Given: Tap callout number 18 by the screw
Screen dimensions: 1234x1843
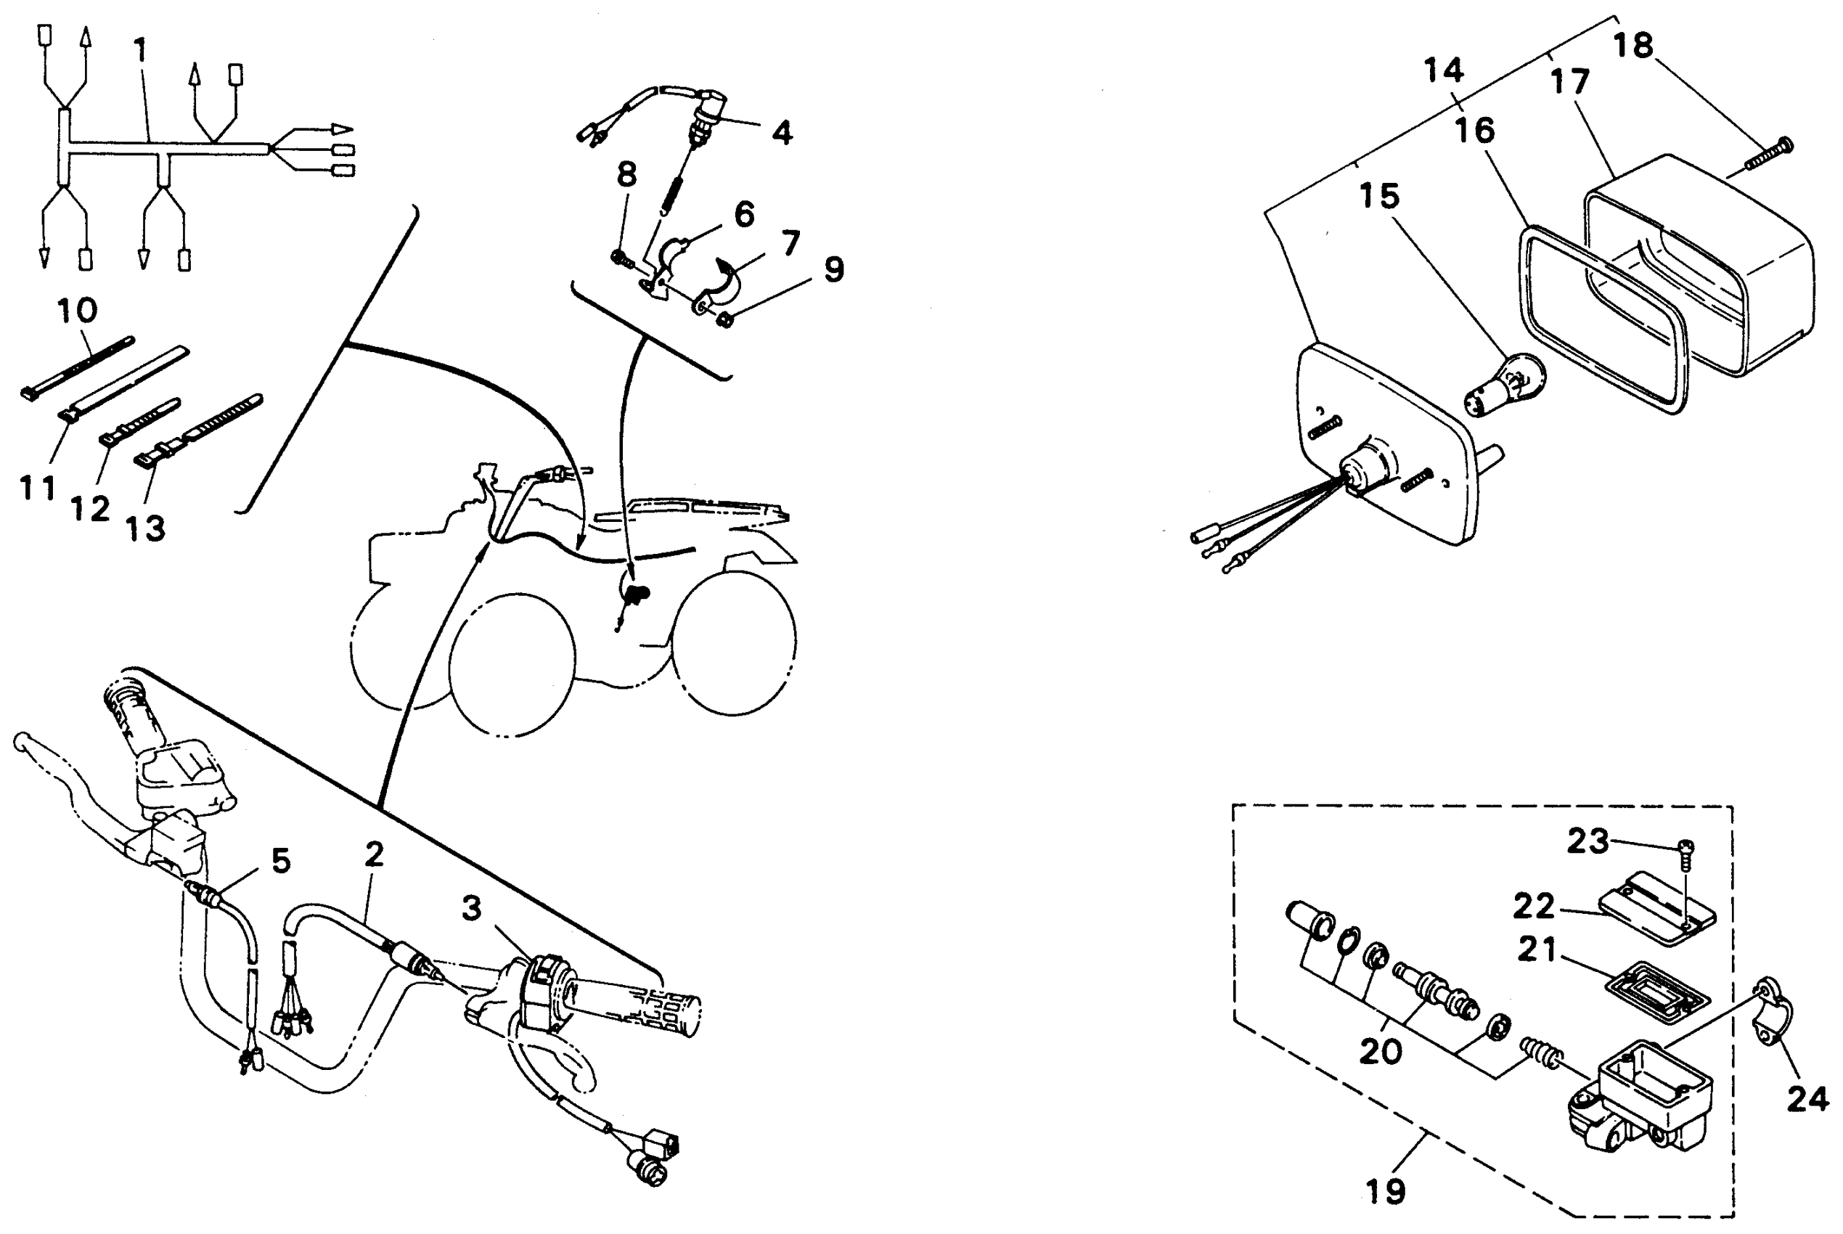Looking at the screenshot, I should coord(1634,46).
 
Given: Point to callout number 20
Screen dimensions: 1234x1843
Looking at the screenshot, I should coord(1381,1051).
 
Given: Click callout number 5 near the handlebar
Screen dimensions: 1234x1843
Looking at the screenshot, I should coord(281,861).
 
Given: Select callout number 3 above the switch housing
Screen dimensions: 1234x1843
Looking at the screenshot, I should coord(471,909).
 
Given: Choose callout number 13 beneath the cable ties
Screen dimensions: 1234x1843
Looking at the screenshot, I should coord(146,529).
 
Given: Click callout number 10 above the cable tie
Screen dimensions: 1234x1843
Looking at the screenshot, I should coord(77,311).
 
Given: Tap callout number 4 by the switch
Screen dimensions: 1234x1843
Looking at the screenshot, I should coord(782,133).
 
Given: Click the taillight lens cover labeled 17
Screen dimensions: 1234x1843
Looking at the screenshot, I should coord(1700,268).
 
